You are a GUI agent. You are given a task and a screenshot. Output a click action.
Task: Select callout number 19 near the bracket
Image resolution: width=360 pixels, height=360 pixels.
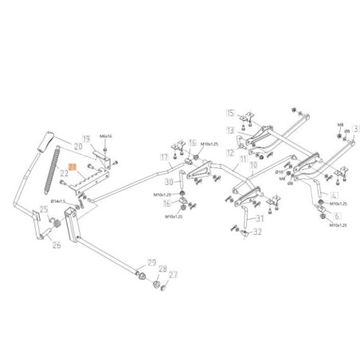[88, 139]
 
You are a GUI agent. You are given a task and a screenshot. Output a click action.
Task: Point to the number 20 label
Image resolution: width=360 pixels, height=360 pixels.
[78, 147]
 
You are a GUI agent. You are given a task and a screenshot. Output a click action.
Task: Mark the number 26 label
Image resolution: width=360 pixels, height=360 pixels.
[56, 245]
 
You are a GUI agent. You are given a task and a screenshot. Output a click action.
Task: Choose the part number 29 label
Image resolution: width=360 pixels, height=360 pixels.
[151, 262]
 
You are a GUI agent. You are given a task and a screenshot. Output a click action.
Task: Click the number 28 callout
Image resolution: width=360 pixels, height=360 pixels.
[162, 268]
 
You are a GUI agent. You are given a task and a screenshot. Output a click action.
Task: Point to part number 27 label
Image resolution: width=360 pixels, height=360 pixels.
[174, 275]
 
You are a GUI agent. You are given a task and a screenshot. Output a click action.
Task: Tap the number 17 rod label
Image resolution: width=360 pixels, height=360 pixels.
[164, 158]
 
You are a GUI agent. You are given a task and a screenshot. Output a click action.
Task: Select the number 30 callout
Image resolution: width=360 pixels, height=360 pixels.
[169, 182]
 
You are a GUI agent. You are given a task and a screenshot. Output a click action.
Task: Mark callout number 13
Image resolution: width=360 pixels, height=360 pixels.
[230, 129]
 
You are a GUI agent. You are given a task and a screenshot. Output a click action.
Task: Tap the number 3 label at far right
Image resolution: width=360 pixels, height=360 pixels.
[356, 127]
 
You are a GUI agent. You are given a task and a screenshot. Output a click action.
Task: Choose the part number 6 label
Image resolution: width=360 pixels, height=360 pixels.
[337, 216]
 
